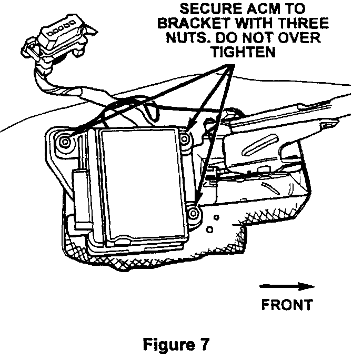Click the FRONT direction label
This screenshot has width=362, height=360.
coord(287,304)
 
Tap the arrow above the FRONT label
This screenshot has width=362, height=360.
coord(287,287)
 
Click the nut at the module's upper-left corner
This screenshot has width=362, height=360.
coord(65,141)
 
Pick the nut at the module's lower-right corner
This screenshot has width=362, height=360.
coord(193,213)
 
